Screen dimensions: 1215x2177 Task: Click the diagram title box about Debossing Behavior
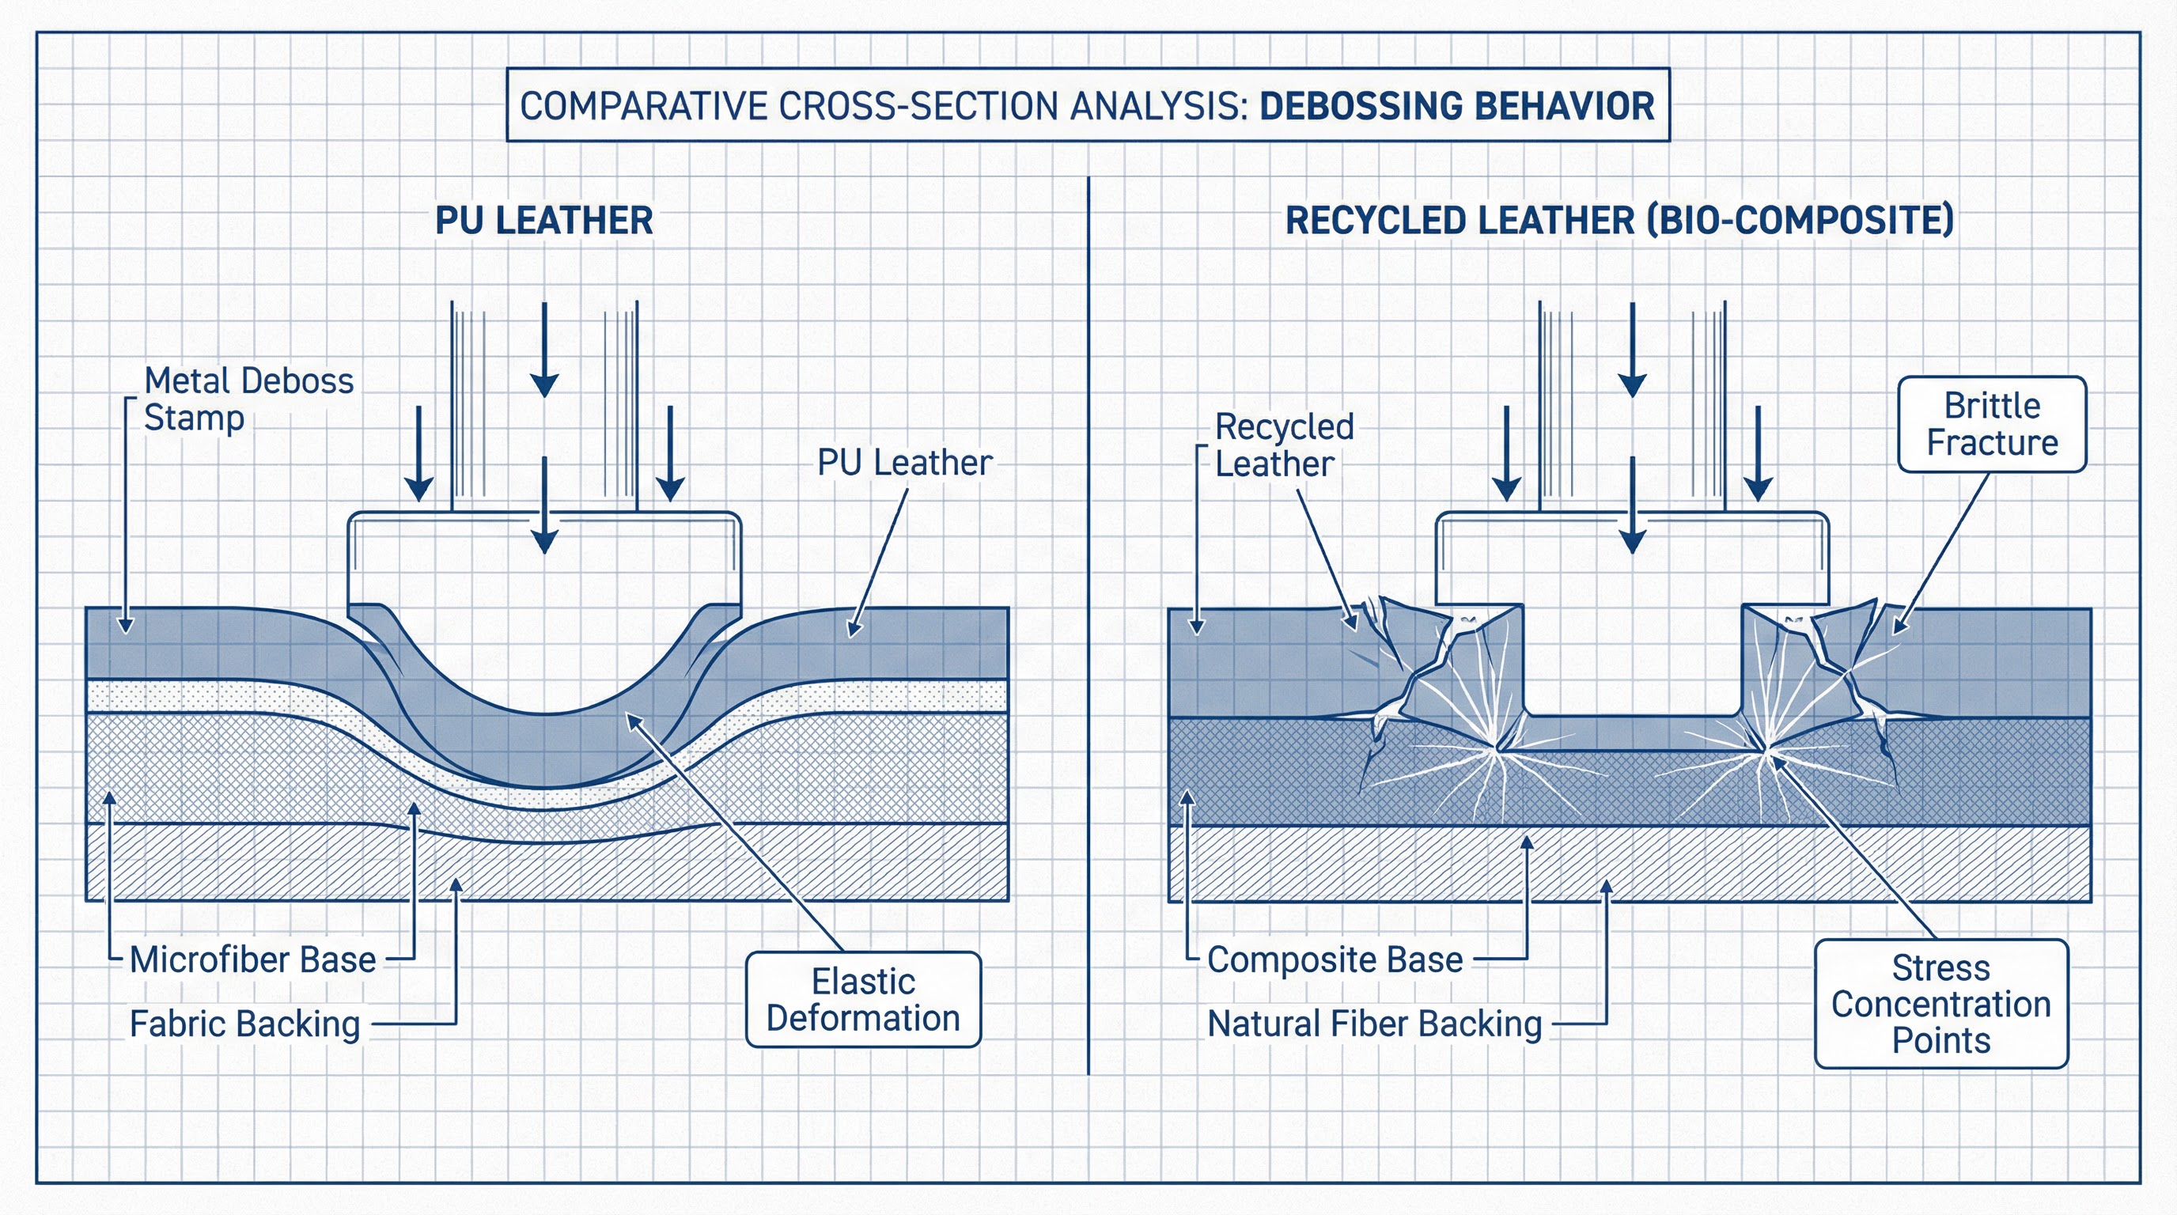1087,104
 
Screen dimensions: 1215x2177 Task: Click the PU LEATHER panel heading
543,221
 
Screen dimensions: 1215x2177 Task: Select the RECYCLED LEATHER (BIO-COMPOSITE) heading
1619,221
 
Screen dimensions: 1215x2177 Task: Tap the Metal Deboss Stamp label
248,399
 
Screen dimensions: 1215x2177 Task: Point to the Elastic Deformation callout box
863,1000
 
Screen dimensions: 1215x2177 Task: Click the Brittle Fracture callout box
1992,424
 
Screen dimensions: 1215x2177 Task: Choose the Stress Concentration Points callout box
1941,1004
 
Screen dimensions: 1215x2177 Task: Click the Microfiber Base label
252,960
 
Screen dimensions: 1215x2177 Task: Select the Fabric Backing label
245,1024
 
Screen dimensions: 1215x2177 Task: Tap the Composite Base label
1335,960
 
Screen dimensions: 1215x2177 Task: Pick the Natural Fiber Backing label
1374,1024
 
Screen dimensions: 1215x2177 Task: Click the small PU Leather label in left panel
904,463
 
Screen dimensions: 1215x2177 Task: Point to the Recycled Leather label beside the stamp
1283,445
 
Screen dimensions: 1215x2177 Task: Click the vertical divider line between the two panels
1088,625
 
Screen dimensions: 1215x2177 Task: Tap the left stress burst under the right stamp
1498,747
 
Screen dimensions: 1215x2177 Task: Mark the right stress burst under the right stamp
1768,748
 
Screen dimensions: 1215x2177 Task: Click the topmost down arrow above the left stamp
544,350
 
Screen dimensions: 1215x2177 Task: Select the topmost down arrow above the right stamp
1632,350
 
